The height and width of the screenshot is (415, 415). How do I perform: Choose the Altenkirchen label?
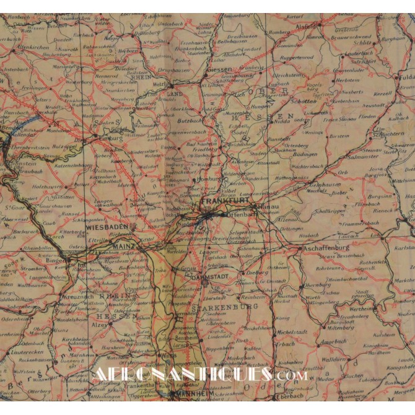coord(37,46)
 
